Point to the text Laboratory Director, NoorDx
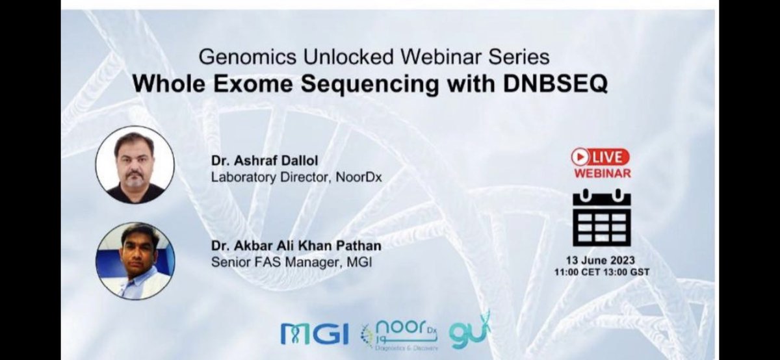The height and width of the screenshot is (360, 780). [x=281, y=175]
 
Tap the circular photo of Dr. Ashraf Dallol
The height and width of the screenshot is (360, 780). [x=135, y=165]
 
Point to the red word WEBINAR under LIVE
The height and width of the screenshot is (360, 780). [x=602, y=173]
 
